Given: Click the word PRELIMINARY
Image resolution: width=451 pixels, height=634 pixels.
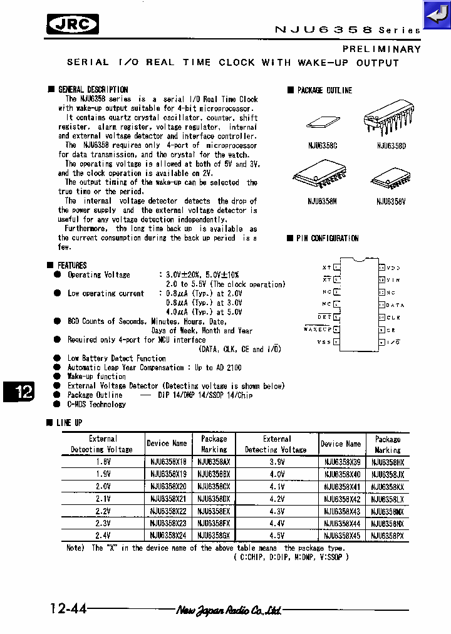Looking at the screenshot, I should [x=381, y=49].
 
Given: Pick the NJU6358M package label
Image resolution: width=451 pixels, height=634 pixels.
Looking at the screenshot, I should [x=322, y=202].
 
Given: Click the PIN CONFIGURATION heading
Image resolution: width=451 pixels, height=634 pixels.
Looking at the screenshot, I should [x=327, y=238].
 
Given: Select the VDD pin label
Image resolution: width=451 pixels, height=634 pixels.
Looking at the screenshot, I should [x=393, y=268].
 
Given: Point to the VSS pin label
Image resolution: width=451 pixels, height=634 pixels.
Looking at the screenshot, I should [x=324, y=342].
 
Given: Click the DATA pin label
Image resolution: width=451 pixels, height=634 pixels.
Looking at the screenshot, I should [x=395, y=305].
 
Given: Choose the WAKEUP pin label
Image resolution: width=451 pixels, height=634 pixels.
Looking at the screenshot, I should [x=318, y=330].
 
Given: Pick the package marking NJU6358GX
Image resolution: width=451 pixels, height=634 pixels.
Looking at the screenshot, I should [x=214, y=536].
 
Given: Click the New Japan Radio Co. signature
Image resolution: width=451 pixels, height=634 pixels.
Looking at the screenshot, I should [x=228, y=610].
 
